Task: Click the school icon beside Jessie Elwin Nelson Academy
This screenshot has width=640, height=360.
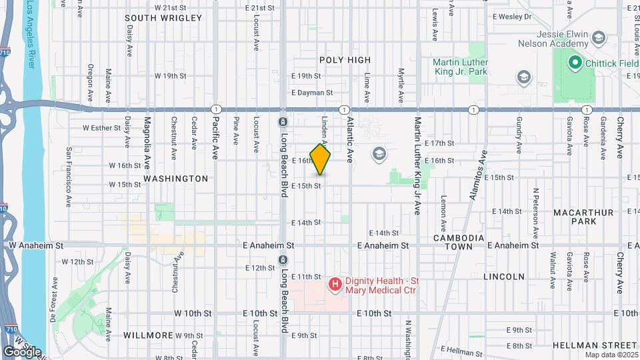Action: (x=598, y=37)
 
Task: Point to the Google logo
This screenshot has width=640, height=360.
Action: (x=22, y=351)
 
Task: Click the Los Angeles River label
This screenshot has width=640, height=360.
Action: (x=31, y=33)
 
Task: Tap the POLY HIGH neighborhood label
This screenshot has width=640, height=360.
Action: (x=345, y=60)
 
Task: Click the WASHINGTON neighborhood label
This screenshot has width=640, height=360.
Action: (x=176, y=179)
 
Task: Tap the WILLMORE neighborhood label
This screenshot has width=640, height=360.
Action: (x=149, y=335)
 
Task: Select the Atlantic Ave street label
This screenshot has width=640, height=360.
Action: (x=349, y=140)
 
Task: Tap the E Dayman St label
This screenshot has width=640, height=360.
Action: (x=311, y=93)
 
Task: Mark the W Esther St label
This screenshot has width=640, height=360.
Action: (x=102, y=127)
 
